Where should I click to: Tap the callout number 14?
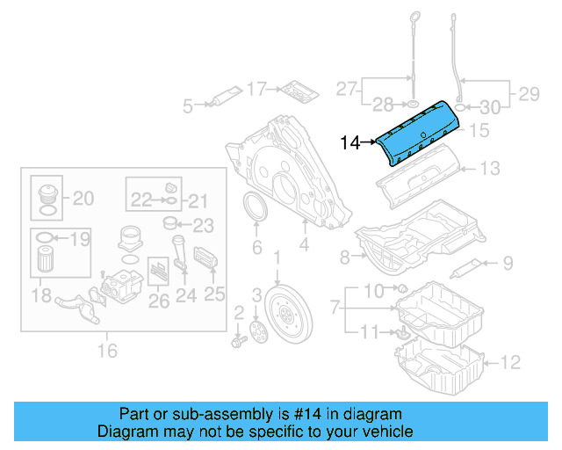(x=350, y=142)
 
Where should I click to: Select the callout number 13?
(x=489, y=167)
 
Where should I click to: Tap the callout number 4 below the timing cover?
(x=303, y=248)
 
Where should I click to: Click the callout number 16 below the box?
(x=107, y=352)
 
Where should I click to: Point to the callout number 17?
(x=256, y=89)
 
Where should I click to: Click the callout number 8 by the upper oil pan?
(x=345, y=257)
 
